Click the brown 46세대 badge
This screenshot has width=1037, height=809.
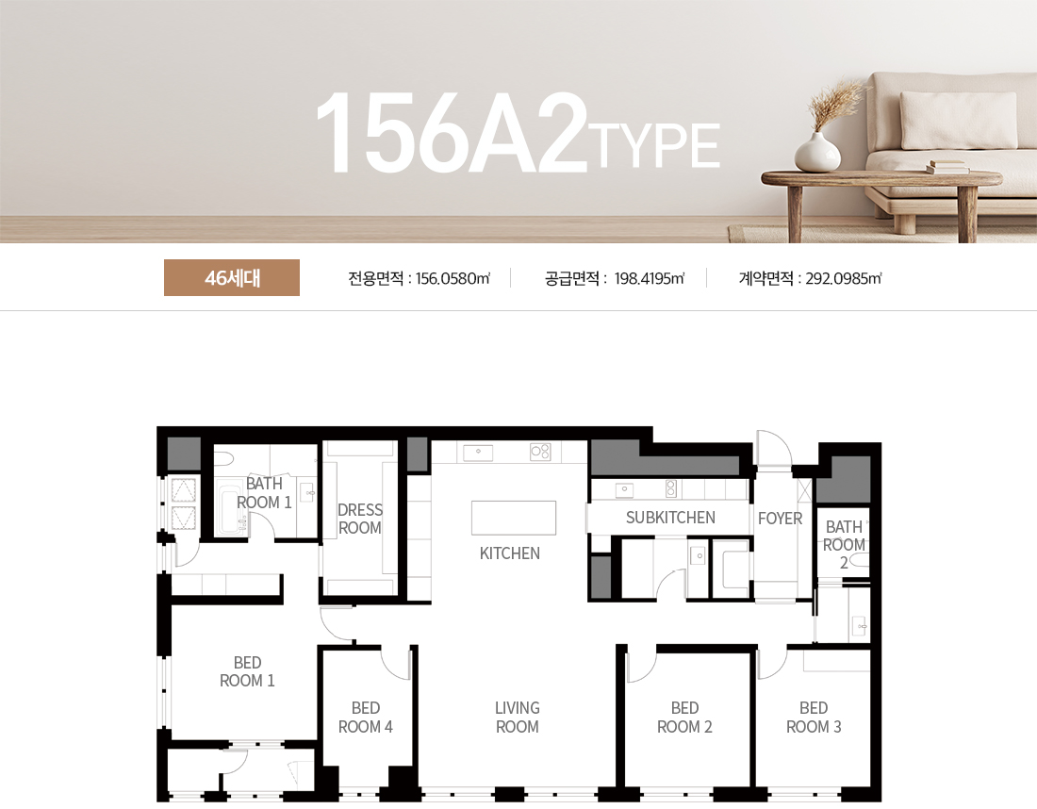coord(232,278)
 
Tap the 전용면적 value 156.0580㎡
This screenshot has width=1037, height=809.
coord(453,278)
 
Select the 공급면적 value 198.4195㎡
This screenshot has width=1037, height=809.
coord(649,278)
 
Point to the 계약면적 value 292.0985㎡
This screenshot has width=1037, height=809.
coord(843,278)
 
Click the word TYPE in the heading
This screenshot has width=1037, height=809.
coord(658,146)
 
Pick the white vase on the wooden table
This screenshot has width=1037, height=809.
coord(817,153)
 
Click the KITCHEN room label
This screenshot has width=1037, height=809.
coord(510,553)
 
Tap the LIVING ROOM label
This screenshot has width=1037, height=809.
coord(518,718)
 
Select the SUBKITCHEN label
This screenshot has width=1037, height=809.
coord(670,518)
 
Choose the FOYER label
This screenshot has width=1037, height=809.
coord(780,519)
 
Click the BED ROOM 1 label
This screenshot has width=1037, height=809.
coord(247,671)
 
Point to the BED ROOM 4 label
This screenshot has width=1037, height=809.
coord(366,718)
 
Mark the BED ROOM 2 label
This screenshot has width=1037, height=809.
coord(684,718)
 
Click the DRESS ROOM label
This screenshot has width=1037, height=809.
coord(360,519)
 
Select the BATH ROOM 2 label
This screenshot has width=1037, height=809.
coord(844,545)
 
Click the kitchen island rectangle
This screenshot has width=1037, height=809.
coord(514,518)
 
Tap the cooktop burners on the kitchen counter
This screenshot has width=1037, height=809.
coord(540,452)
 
